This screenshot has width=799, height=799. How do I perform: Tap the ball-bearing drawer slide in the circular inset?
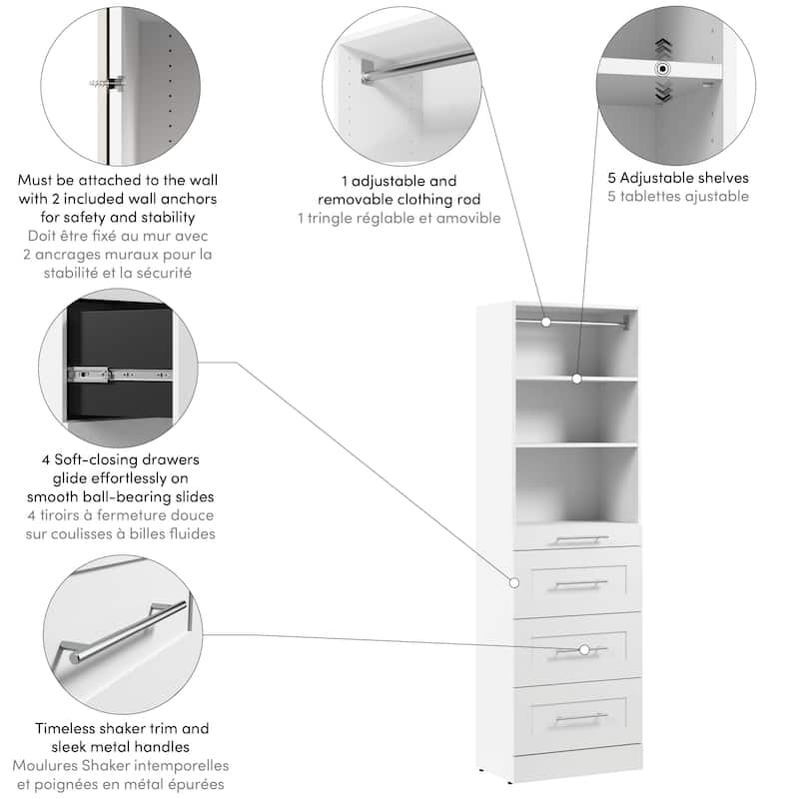point(110,377)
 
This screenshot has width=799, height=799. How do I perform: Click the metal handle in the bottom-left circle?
point(128,629)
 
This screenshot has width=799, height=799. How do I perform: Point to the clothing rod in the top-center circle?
point(419,61)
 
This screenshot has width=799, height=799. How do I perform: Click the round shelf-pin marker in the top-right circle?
point(661,68)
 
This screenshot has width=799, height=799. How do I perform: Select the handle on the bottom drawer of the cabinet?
point(580,717)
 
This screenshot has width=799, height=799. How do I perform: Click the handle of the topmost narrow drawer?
point(580,540)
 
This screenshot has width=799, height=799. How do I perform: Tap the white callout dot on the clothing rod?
point(547,322)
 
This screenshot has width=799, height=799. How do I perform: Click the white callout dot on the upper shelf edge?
point(576,379)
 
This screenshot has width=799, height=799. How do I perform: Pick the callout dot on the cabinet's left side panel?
point(514,581)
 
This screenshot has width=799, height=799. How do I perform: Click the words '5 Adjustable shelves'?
point(678,179)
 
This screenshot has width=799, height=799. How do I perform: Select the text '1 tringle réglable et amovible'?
point(399,218)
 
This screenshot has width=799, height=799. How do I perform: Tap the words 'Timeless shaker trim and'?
point(121,729)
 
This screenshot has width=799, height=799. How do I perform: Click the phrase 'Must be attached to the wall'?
point(117,181)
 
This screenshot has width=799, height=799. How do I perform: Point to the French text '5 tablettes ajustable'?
point(678,197)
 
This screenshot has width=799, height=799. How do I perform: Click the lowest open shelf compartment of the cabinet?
point(577,481)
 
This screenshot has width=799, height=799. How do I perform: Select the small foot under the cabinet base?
point(486,771)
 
